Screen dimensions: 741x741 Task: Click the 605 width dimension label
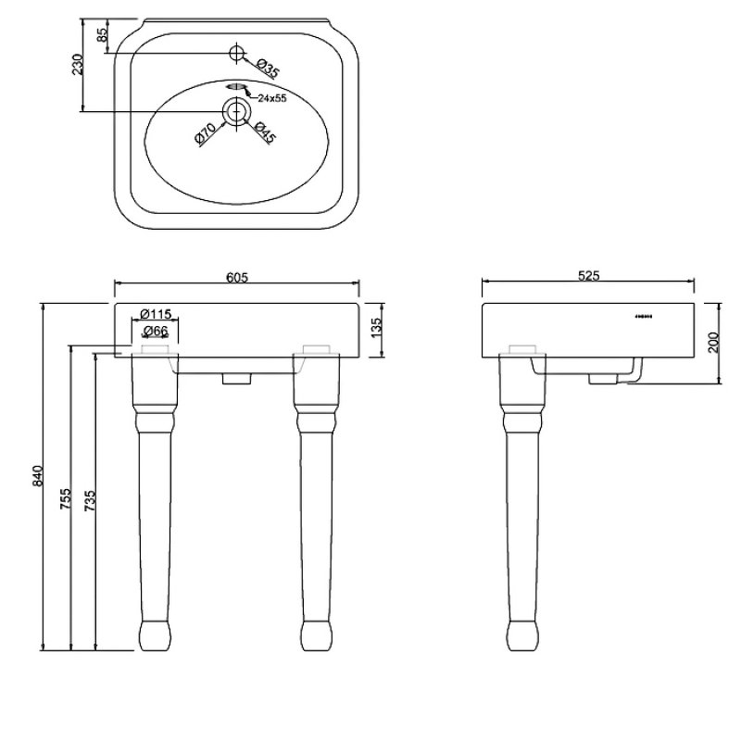237,276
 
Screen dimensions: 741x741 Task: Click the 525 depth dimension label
588,275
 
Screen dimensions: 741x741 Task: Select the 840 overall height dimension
38,476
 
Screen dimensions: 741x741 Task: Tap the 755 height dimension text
65,498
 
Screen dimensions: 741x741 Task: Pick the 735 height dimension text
90,501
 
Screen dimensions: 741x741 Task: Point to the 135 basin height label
376,328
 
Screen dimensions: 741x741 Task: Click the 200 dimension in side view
713,343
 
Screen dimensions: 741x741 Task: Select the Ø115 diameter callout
156,313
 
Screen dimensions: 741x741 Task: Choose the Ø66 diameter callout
156,331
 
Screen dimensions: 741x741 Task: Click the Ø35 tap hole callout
268,69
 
